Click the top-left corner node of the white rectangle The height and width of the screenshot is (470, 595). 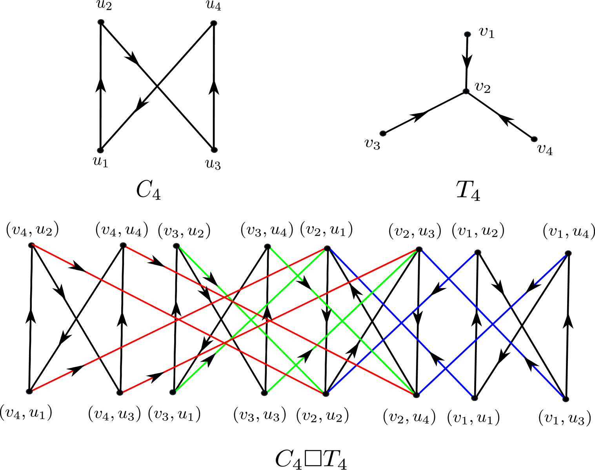[32, 245]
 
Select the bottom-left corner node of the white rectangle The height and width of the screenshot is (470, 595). [29, 391]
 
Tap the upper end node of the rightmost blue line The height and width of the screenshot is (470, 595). [568, 253]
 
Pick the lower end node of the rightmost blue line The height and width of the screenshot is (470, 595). [565, 399]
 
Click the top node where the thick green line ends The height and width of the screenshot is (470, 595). [419, 249]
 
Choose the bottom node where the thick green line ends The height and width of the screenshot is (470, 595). [416, 395]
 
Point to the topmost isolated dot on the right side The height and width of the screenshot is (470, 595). [467, 34]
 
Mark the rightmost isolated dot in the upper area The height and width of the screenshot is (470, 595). [534, 139]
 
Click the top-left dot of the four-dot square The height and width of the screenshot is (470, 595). [101, 22]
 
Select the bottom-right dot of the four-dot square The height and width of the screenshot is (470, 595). [214, 150]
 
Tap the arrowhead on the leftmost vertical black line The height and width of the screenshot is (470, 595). [32, 316]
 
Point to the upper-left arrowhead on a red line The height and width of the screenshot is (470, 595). [77, 268]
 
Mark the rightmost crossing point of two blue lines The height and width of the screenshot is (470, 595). [493, 325]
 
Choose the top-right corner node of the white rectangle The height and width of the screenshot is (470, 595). [327, 248]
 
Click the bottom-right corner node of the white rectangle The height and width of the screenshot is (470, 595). [326, 394]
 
